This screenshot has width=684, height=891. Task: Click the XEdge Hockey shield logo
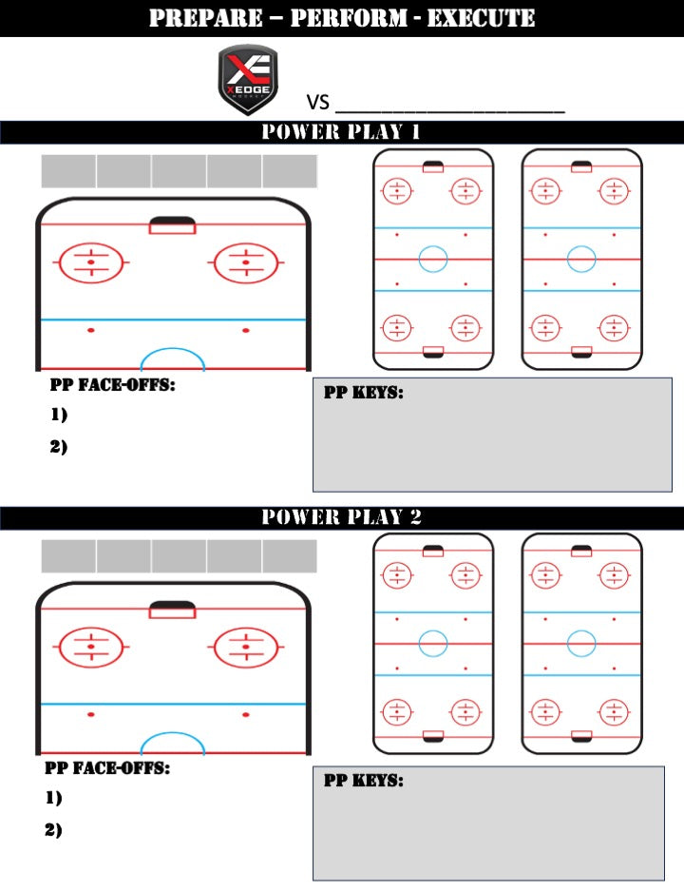(x=247, y=80)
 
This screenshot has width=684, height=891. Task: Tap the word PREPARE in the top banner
(x=203, y=18)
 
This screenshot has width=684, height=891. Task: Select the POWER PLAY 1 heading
(x=341, y=132)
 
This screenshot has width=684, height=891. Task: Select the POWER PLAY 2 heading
(x=341, y=517)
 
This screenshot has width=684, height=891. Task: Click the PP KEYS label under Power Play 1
(x=364, y=393)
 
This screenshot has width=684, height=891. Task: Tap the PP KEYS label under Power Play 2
(x=364, y=781)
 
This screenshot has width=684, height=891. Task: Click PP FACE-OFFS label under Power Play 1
(x=112, y=386)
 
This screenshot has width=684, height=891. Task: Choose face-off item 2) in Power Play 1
(x=59, y=446)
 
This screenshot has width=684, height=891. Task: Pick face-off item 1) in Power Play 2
(x=53, y=798)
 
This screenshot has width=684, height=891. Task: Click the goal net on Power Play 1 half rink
(x=172, y=225)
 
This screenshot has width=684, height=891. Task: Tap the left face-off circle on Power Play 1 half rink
(x=91, y=261)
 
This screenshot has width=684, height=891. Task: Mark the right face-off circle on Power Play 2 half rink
(x=246, y=648)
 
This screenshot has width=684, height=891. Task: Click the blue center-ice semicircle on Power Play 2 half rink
(x=172, y=743)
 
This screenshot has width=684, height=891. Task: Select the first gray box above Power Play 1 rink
(x=68, y=171)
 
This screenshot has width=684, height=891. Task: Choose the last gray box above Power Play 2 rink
(x=290, y=556)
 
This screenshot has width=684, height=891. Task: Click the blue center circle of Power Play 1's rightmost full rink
(x=581, y=259)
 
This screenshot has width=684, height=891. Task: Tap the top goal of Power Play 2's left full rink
(x=433, y=552)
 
